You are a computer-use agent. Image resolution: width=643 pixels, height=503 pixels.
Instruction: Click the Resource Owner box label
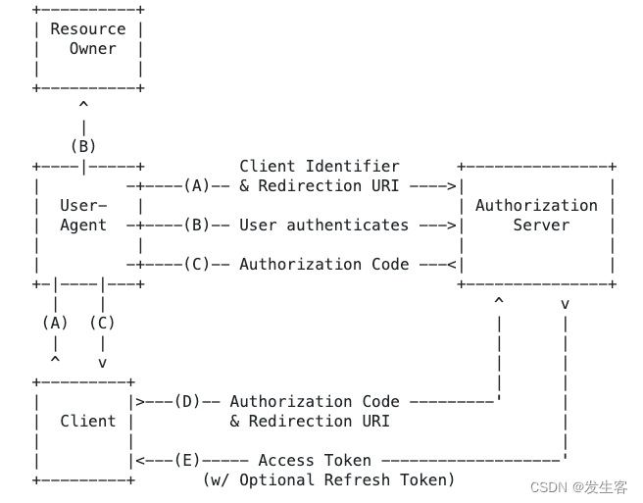pos(88,39)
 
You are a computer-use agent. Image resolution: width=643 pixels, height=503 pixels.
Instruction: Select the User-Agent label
pos(83,215)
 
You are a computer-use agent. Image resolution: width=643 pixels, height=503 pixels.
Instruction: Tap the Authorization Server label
pos(536,215)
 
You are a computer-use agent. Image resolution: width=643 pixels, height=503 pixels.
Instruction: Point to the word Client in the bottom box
pos(88,421)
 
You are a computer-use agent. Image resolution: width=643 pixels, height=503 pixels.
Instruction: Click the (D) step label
pos(187,401)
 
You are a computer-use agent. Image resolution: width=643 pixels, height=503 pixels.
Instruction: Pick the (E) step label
pos(187,460)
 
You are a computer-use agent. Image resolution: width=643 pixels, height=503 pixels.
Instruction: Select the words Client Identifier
pos(320,166)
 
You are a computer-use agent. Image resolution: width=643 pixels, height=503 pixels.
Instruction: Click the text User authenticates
pos(323,225)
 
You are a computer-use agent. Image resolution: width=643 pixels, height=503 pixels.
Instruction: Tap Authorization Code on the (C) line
pos(323,264)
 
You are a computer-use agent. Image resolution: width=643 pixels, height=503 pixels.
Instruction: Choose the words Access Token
pos(315,460)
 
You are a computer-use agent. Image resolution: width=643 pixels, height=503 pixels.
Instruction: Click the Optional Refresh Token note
pos(329,479)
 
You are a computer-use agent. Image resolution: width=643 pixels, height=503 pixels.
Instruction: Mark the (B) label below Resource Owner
pos(83,146)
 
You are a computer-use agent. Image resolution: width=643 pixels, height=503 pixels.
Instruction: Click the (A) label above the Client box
pos(55,323)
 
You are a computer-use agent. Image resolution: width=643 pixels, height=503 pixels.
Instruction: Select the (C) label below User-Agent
pos(102,323)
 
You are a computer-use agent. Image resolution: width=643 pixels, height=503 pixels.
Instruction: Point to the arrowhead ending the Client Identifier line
pos(452,185)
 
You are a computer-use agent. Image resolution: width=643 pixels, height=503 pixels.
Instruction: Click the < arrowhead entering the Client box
pos(140,460)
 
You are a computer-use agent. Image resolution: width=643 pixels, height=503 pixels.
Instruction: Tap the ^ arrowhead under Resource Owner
pos(83,105)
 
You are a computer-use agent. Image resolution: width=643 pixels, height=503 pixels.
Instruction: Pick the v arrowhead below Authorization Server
pos(565,304)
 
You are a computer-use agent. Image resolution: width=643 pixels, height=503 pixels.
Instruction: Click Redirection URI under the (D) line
pos(310,421)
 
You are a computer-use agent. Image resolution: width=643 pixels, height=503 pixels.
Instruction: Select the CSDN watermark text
pos(578,487)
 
